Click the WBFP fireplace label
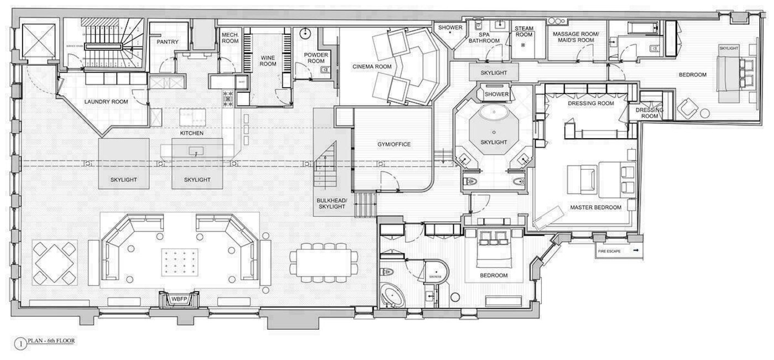pyautogui.click(x=179, y=299)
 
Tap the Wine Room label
pyautogui.click(x=268, y=60)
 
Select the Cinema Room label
pyautogui.click(x=372, y=67)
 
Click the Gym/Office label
pyautogui.click(x=394, y=144)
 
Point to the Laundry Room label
pyautogui.click(x=106, y=102)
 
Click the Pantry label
pyautogui.click(x=166, y=41)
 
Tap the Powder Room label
pyautogui.click(x=316, y=58)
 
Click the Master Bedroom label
pyautogui.click(x=596, y=207)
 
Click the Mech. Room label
pyautogui.click(x=230, y=38)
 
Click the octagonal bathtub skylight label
pyautogui.click(x=494, y=142)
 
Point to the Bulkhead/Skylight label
pyautogui.click(x=331, y=203)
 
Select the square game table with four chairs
pyautogui.click(x=54, y=262)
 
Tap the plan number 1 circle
pyautogui.click(x=20, y=344)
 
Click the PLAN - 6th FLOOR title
pyautogui.click(x=51, y=341)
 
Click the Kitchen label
pyautogui.click(x=191, y=134)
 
